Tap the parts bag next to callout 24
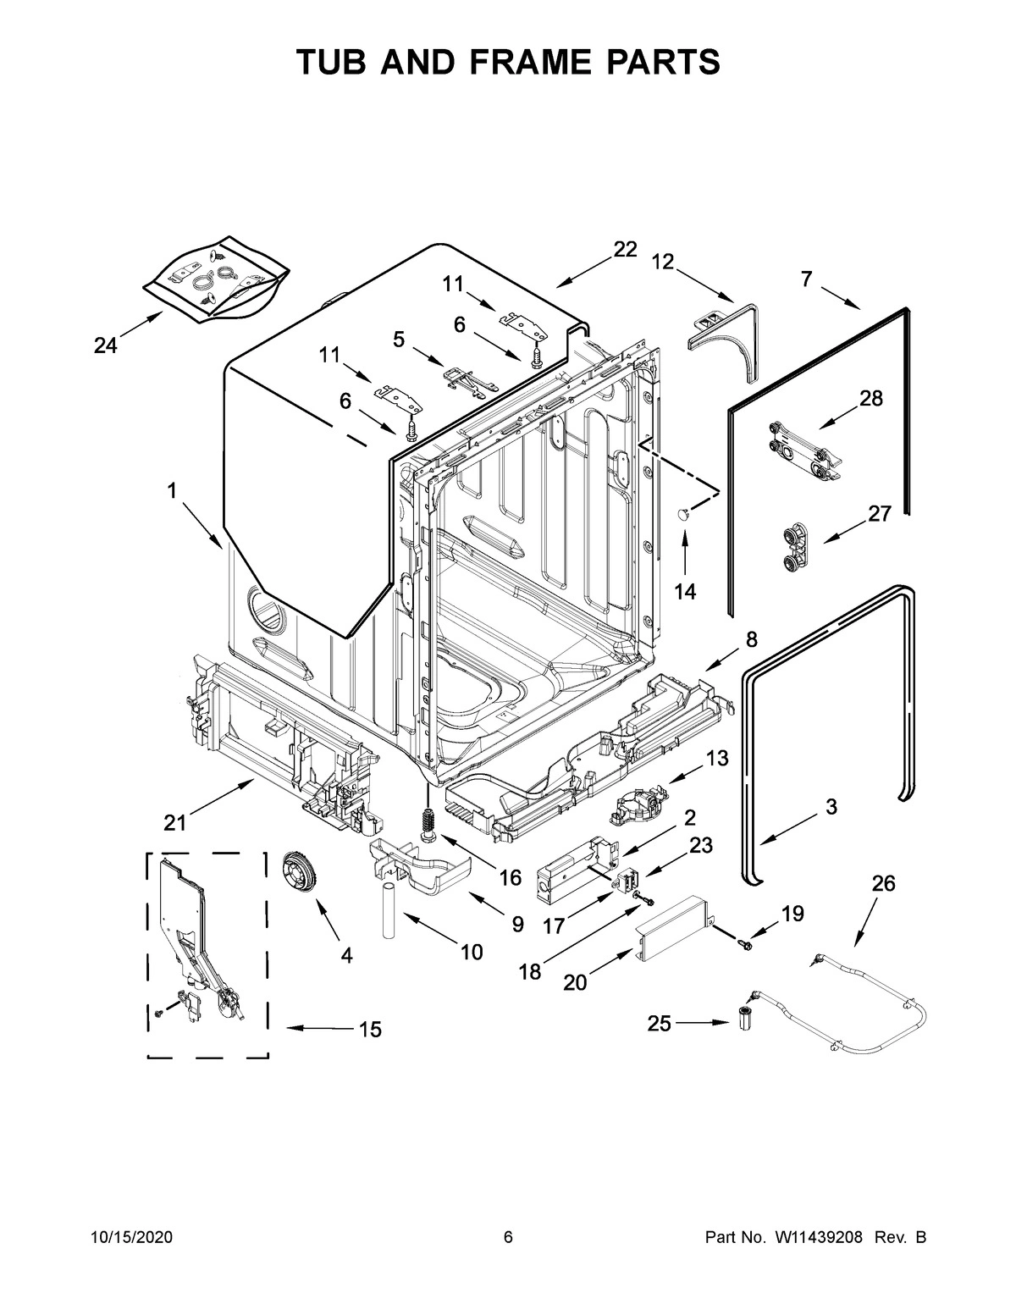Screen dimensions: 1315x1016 [x=215, y=279]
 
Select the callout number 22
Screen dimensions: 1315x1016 [x=624, y=249]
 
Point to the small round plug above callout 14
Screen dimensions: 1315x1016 [x=684, y=513]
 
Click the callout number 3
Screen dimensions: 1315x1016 [x=831, y=807]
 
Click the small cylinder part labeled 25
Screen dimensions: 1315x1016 [x=746, y=1019]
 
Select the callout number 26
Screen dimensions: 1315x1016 [x=882, y=884]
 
